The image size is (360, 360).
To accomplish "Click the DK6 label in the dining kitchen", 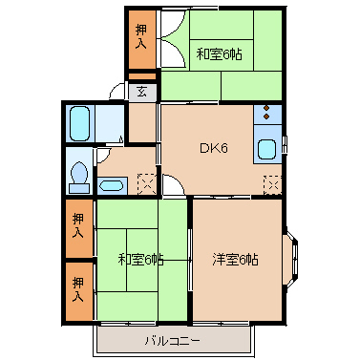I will pyautogui.click(x=212, y=148).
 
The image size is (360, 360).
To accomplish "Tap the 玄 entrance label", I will pyautogui.click(x=140, y=92).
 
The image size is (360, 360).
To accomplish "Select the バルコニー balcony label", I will pyautogui.click(x=173, y=340).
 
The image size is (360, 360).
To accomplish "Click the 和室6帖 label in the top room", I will pyautogui.click(x=220, y=53).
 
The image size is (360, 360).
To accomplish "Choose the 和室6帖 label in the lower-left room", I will pyautogui.click(x=140, y=259).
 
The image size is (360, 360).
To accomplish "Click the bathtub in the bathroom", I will pyautogui.click(x=79, y=123).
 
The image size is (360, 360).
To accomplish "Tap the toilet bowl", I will pyautogui.click(x=78, y=174).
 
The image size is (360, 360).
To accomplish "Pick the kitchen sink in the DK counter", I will pyautogui.click(x=266, y=149).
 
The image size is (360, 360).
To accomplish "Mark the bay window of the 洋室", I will pyautogui.click(x=291, y=259).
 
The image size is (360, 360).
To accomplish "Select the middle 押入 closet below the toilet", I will pyautogui.click(x=79, y=225).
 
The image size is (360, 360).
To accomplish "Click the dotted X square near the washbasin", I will pyautogui.click(x=145, y=180).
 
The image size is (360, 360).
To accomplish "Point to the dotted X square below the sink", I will pyautogui.click(x=272, y=182).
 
